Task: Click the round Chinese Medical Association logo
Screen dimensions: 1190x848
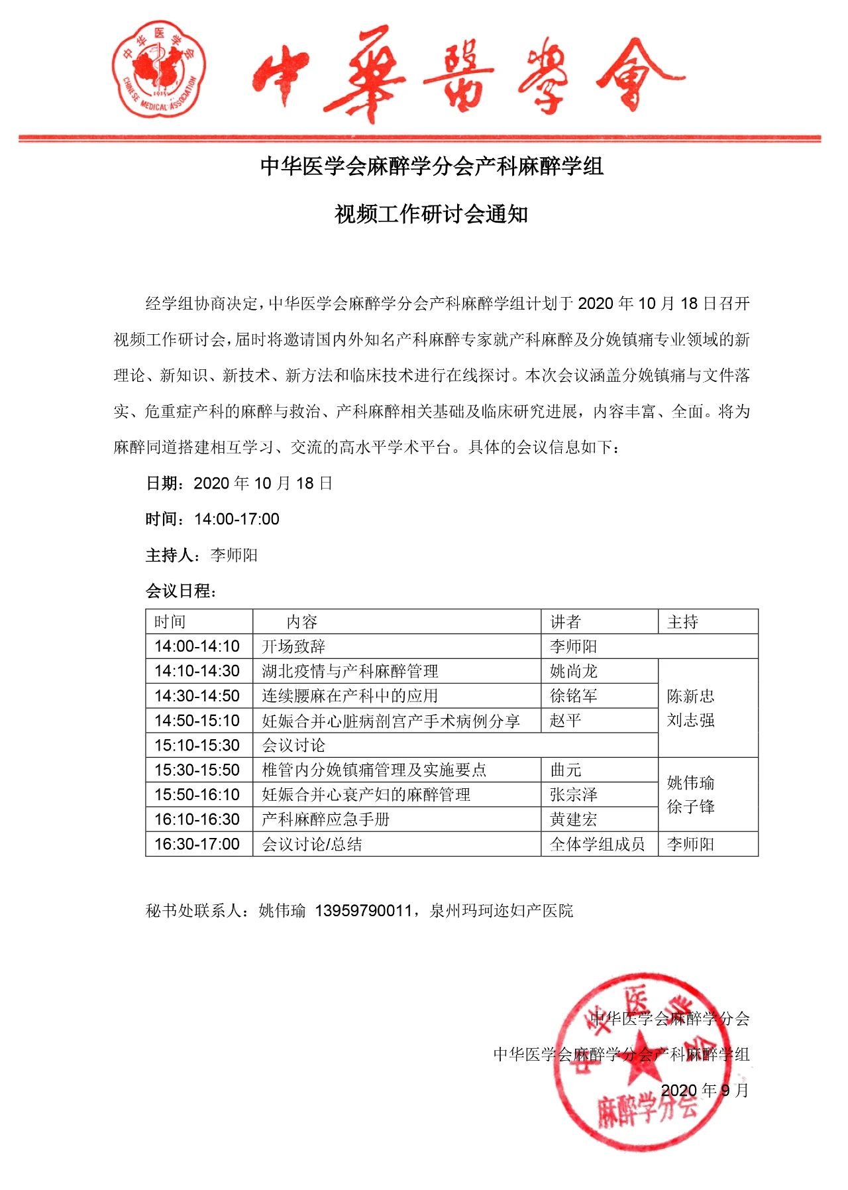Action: [x=159, y=69]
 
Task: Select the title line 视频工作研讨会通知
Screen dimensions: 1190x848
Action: [x=431, y=214]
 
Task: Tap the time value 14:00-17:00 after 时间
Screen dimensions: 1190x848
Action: [x=237, y=519]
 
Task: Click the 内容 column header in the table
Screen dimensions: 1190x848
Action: [x=302, y=622]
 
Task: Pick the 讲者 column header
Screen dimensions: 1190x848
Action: [x=565, y=622]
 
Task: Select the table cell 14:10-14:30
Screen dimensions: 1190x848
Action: [x=197, y=671]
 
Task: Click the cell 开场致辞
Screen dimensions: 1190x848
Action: [x=293, y=646]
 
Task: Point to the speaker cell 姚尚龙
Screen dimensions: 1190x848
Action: [x=574, y=671]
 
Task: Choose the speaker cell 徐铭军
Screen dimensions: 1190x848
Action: [x=574, y=695]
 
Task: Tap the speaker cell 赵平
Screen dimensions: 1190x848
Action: [x=565, y=721]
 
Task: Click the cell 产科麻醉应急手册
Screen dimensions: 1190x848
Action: [x=325, y=819]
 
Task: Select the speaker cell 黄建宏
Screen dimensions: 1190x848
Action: [x=574, y=819]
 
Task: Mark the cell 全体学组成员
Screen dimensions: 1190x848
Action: [x=597, y=844]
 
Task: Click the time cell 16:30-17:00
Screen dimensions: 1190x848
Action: [x=197, y=844]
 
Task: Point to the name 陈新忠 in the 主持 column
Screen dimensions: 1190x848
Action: [x=690, y=695]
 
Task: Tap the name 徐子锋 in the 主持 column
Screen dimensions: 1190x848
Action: [x=690, y=807]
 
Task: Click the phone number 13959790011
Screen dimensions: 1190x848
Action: [x=363, y=910]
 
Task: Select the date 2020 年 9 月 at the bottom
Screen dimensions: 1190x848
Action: [x=704, y=1091]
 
